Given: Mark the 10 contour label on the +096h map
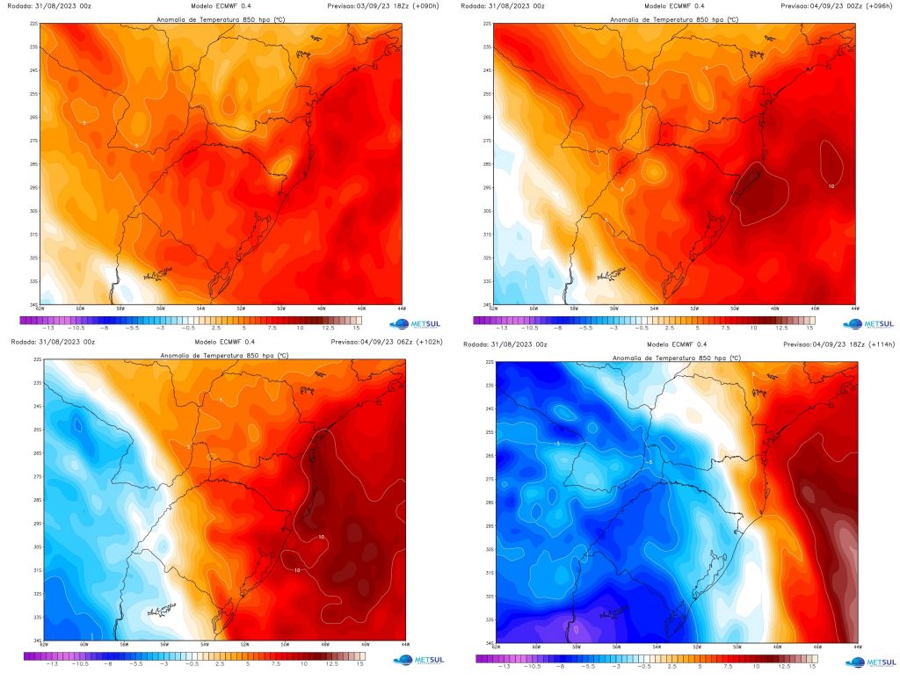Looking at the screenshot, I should [831, 185].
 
